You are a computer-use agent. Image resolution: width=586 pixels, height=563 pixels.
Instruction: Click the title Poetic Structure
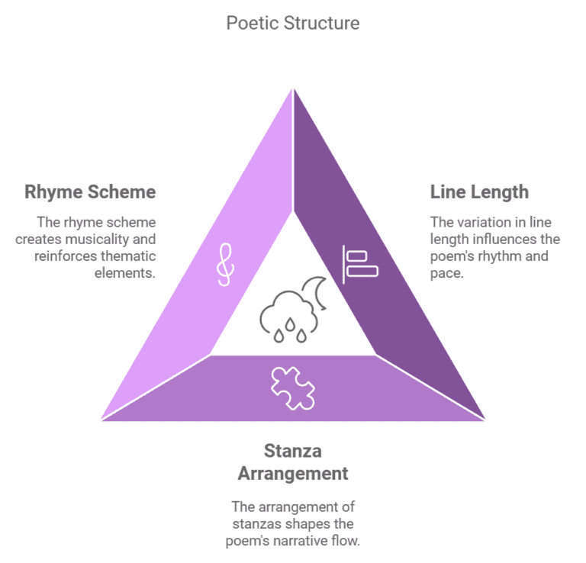[293, 23]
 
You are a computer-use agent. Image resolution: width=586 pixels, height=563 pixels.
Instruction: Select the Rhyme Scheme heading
[90, 191]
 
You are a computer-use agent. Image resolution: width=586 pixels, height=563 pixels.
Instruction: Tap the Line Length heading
[479, 191]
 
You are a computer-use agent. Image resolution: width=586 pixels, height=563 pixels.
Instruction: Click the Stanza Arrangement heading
[293, 462]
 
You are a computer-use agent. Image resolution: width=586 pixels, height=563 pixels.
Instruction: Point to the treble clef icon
[225, 263]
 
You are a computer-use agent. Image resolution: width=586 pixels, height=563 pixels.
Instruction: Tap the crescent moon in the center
[316, 294]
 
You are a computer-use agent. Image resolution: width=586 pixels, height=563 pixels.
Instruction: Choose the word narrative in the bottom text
[320, 539]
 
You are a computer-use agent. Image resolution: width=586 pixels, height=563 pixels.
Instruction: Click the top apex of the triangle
[293, 89]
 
